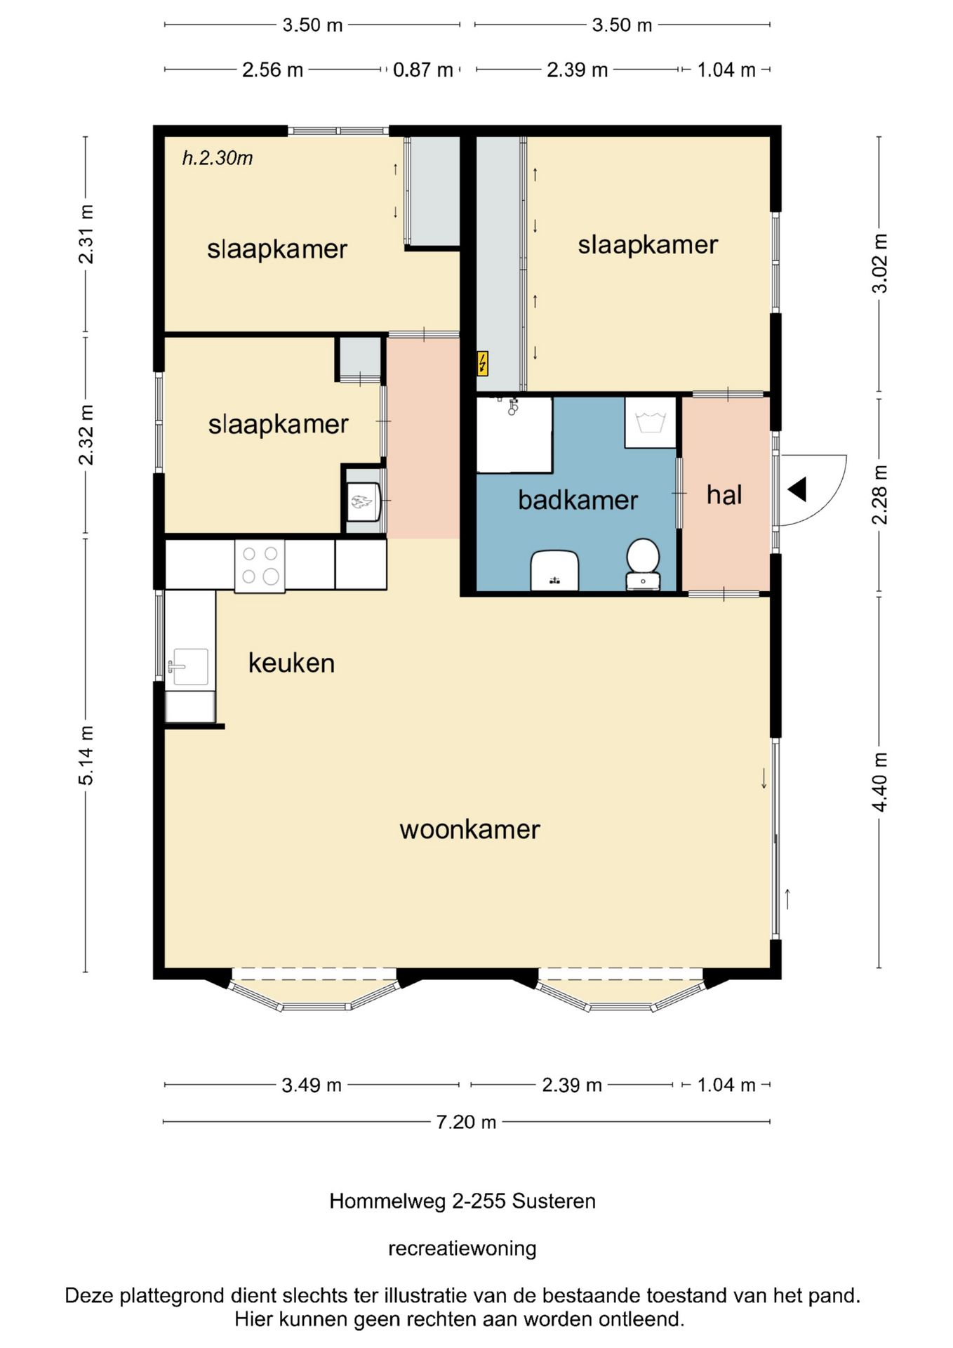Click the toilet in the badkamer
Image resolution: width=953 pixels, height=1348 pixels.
[643, 563]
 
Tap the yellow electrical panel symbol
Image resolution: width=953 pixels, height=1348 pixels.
[483, 364]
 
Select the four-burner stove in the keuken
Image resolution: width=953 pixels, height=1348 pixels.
[260, 566]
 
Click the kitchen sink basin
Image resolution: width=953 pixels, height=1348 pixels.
[188, 666]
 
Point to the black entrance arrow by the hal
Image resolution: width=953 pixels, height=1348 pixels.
[797, 489]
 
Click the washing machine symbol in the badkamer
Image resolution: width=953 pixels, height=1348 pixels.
[651, 423]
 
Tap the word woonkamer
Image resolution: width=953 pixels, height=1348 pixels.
[469, 829]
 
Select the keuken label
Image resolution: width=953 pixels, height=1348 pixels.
[291, 663]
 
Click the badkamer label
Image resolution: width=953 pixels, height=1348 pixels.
[578, 500]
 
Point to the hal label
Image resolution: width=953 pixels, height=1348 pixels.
[724, 495]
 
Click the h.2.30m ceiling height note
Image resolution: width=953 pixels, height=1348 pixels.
[218, 158]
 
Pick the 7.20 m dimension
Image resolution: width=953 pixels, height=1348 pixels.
[466, 1122]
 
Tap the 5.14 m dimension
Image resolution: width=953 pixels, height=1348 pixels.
[86, 755]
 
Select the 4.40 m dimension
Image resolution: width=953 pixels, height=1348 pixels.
[879, 782]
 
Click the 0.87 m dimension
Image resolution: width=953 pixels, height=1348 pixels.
[422, 70]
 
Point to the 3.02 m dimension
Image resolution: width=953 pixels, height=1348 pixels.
[879, 263]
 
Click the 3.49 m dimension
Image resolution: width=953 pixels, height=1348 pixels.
[312, 1085]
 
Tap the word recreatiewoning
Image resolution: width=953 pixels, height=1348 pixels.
[462, 1248]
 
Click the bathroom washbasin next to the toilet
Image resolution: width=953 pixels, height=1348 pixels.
[554, 570]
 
